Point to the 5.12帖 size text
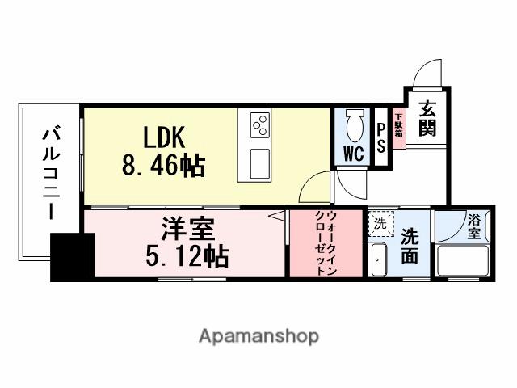point(187,257)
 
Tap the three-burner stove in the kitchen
point(260,124)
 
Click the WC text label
point(352,154)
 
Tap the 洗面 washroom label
point(410,245)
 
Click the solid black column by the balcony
point(72,257)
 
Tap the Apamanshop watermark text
point(258,335)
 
